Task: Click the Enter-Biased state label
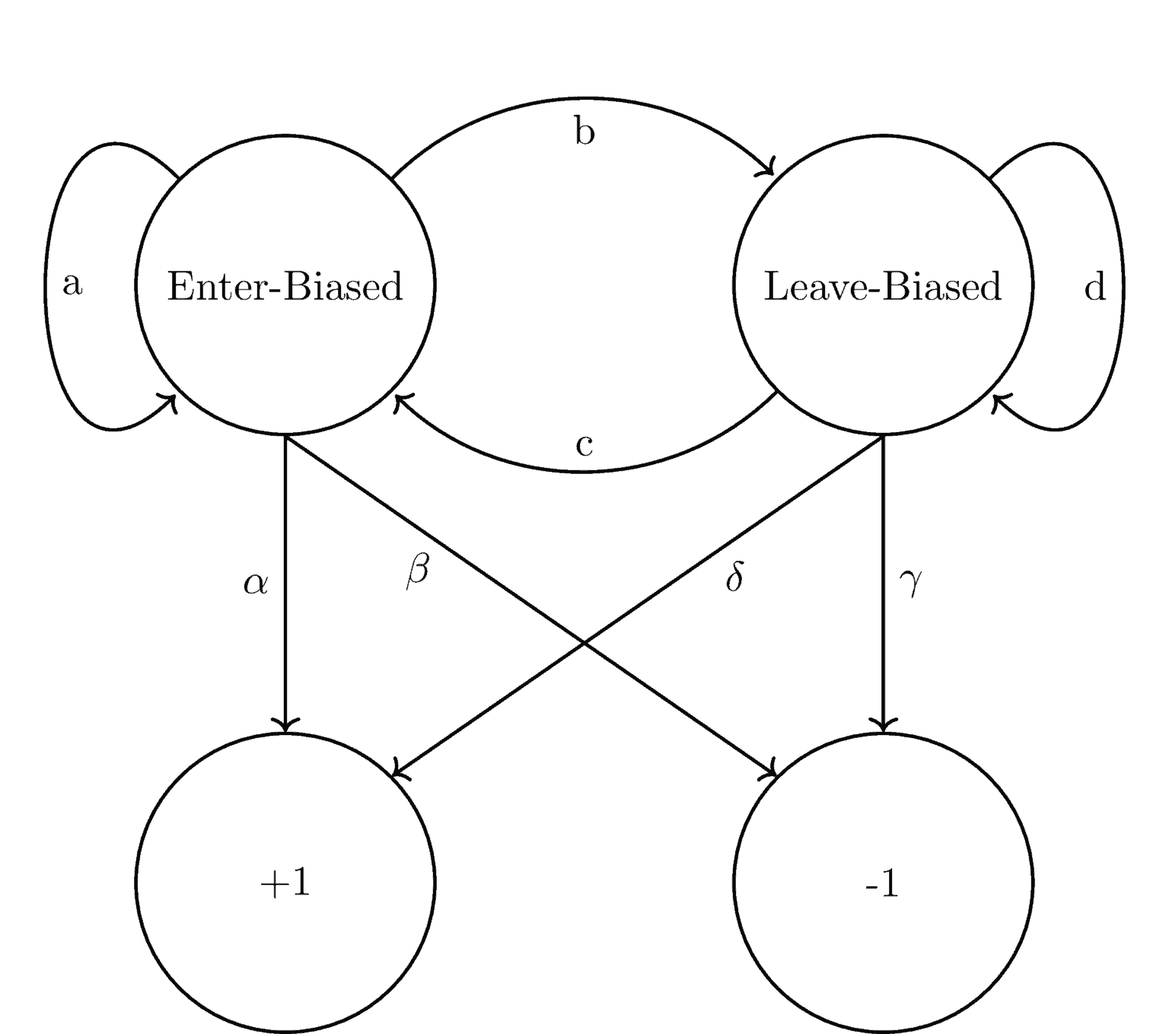pos(285,288)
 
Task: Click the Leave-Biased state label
pos(882,288)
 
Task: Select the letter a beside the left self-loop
pos(72,285)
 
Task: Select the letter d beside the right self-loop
pos(1094,288)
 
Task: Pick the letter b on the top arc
pos(584,131)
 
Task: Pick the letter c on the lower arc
pos(584,446)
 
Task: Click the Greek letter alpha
pos(256,584)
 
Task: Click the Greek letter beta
pos(417,571)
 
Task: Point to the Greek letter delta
pos(734,577)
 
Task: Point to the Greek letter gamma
pos(910,582)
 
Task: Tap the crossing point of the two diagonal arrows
pos(584,643)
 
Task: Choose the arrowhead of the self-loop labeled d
pos(996,400)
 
